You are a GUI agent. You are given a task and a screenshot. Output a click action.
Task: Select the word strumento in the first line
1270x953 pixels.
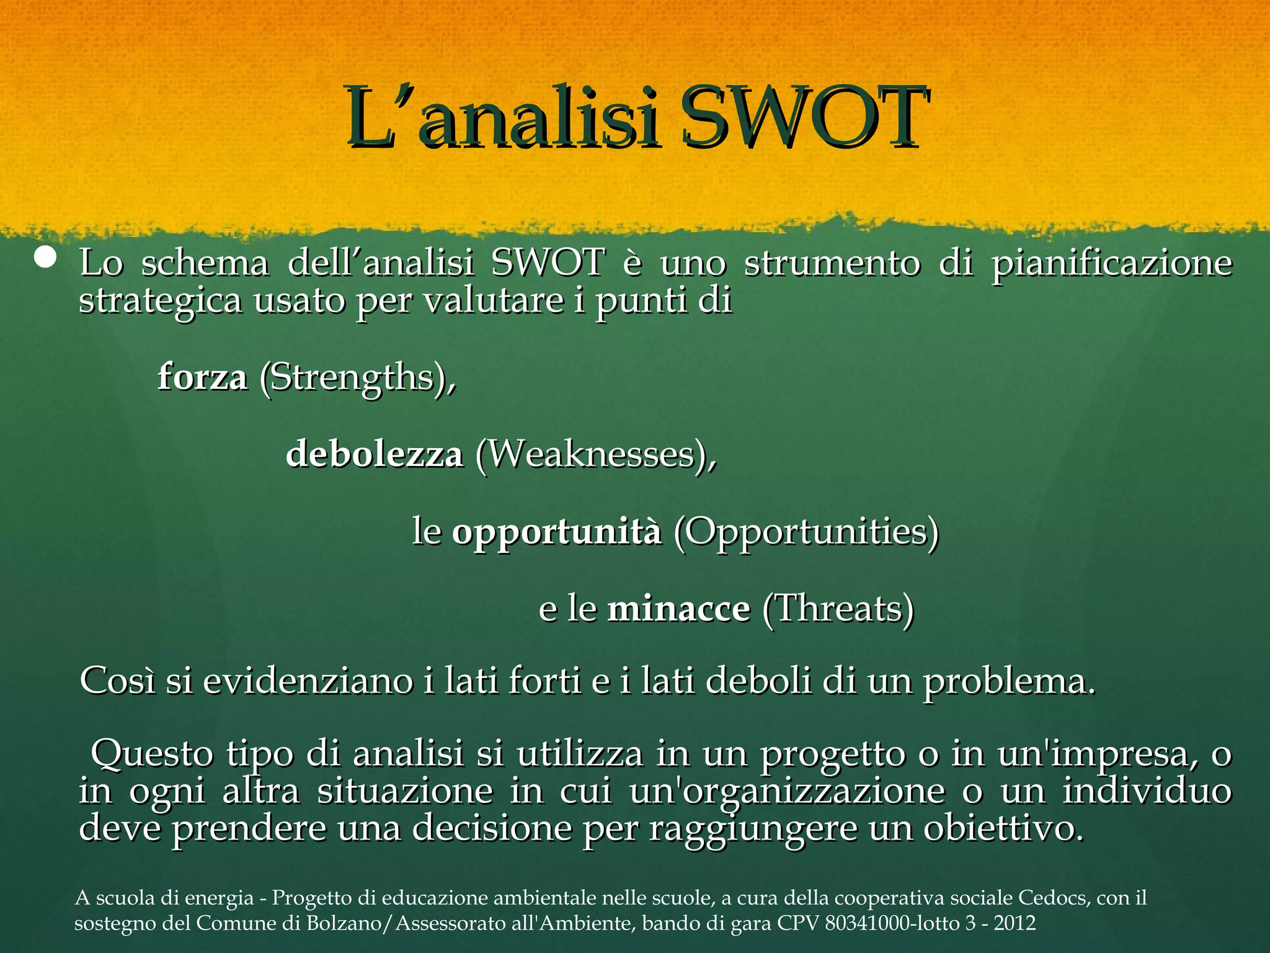[832, 263]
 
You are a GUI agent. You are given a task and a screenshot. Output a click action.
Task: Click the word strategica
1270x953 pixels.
[160, 302]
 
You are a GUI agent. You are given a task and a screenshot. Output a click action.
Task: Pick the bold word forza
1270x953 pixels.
[203, 377]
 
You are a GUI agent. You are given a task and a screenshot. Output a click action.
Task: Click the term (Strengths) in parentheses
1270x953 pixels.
[357, 378]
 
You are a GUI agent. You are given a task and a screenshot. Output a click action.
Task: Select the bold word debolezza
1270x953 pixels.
[374, 454]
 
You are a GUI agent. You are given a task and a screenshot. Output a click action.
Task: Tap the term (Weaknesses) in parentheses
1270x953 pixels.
[595, 454]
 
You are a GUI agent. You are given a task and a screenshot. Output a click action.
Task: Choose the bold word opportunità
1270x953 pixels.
[556, 532]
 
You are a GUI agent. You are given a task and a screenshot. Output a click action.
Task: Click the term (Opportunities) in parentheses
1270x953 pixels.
[806, 532]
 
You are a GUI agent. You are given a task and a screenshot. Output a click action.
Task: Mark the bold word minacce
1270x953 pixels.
[678, 609]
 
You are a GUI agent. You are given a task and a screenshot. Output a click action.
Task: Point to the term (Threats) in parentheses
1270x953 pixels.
[838, 609]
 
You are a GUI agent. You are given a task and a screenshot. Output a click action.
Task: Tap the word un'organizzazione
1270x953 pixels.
[786, 792]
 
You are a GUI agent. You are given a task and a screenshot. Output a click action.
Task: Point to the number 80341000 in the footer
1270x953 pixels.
[864, 924]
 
